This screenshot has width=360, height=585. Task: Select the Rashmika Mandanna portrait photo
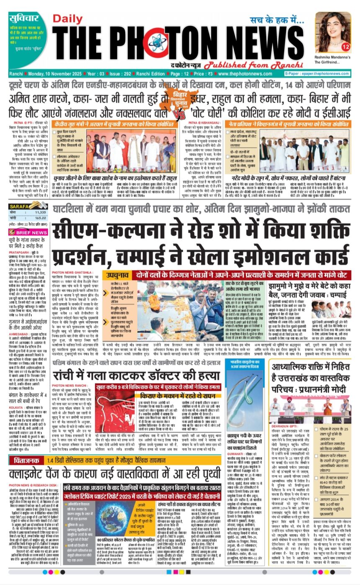click(x=333, y=31)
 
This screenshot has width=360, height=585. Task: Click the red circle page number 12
click(x=346, y=46)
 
